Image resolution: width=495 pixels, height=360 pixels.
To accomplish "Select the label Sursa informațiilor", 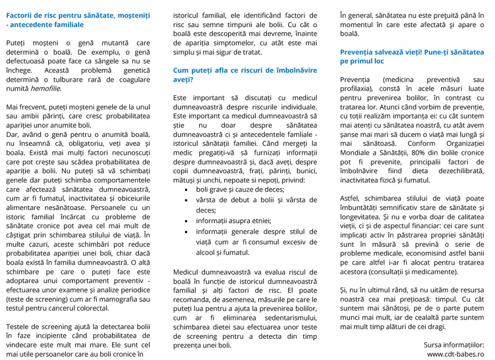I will pyautogui.click(x=453, y=345).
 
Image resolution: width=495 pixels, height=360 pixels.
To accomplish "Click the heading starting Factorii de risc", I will pyautogui.click(x=78, y=20).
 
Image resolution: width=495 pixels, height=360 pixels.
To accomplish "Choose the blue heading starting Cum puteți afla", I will pyautogui.click(x=245, y=75).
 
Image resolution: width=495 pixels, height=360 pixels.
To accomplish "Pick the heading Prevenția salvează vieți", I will pyautogui.click(x=412, y=57).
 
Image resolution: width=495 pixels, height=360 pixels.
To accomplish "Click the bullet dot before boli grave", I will pyautogui.click(x=187, y=190).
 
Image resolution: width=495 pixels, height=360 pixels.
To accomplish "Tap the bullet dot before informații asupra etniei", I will pyautogui.click(x=187, y=221).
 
